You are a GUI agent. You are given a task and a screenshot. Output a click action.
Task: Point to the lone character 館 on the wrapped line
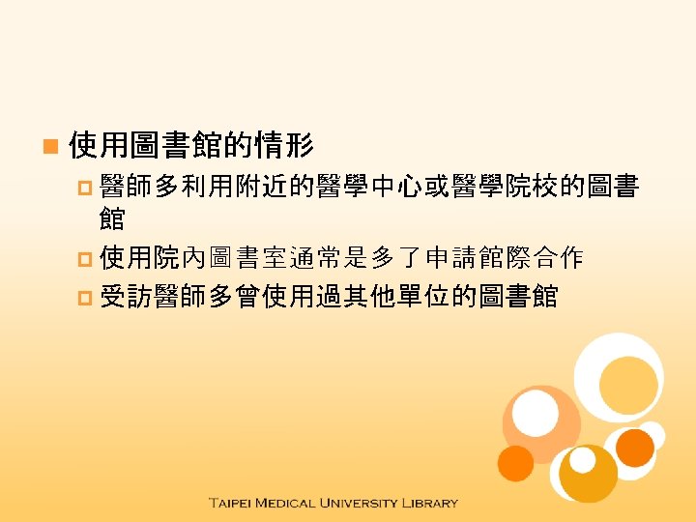[112, 219]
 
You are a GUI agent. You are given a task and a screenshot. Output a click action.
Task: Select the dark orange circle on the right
[635, 448]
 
